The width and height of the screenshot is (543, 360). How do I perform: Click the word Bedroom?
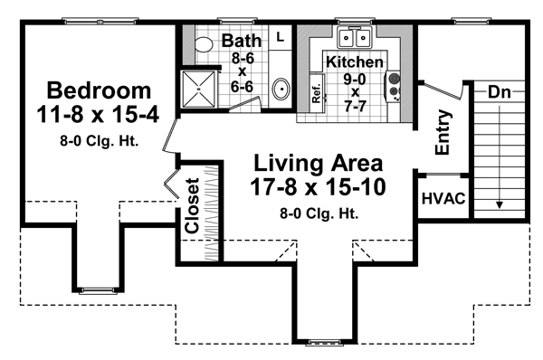point(99,90)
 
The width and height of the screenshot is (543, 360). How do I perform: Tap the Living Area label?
point(317,165)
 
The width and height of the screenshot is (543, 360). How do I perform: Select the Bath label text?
point(241,41)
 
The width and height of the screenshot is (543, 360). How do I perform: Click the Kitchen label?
point(355,62)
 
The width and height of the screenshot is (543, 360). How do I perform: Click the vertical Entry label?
point(443,132)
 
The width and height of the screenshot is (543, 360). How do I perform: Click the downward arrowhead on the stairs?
point(498,204)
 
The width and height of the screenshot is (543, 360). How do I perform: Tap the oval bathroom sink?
point(281,90)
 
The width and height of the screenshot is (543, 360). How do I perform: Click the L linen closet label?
point(280,37)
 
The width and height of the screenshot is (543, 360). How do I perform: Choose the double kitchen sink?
point(354,39)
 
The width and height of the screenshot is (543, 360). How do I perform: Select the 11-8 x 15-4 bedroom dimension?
point(99,116)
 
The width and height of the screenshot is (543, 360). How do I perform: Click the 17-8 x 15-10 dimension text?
point(317,190)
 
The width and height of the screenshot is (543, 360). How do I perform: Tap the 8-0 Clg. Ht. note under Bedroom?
point(99,140)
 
